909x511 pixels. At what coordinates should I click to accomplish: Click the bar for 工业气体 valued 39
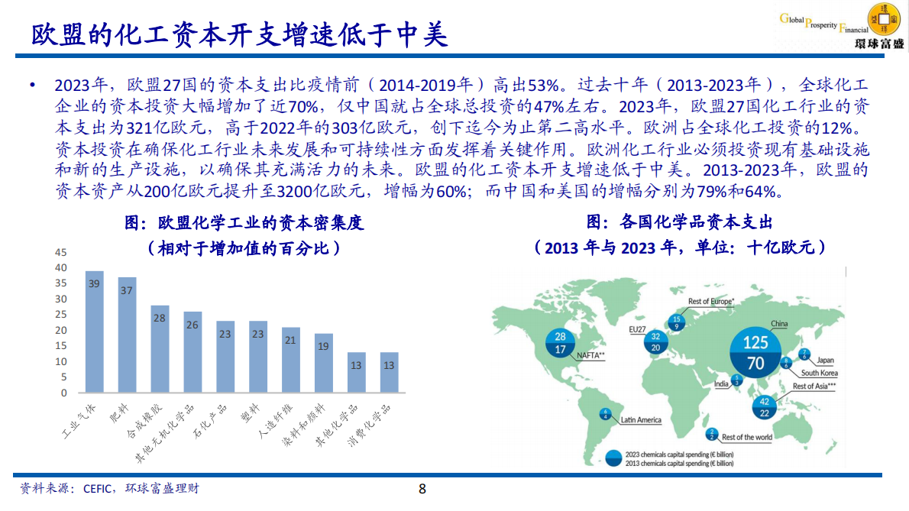[94, 332]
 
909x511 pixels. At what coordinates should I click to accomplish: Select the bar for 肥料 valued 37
[127, 335]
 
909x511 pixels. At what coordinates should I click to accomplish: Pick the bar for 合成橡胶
[160, 349]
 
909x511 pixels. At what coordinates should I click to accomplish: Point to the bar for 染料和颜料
[324, 364]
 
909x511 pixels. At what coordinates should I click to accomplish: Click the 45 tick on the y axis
[62, 252]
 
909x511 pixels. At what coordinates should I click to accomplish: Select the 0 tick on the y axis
[64, 393]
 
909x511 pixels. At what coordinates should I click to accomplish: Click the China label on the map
[778, 324]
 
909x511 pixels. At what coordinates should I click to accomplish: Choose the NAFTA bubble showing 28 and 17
[560, 343]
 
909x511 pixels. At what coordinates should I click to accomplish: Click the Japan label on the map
[825, 360]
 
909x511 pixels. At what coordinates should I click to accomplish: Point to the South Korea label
[819, 373]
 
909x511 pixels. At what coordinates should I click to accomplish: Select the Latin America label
[640, 419]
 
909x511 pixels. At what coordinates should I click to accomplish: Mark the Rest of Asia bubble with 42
[764, 406]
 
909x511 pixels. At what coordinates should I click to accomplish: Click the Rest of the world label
[746, 438]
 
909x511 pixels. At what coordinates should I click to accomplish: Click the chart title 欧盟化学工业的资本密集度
[244, 223]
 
